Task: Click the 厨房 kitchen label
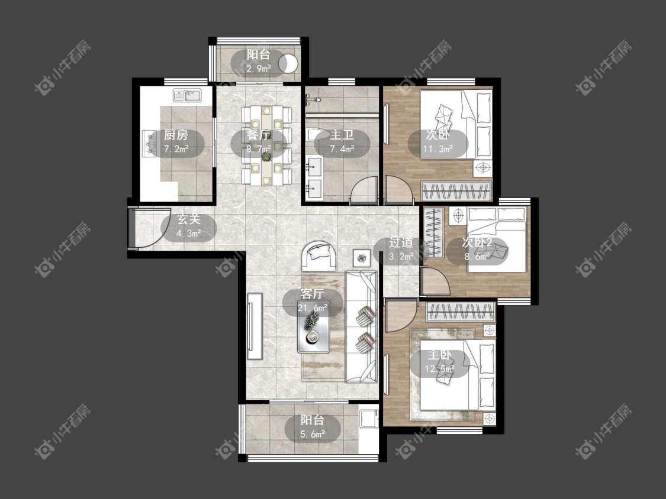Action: [176, 135]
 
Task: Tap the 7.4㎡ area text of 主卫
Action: [342, 149]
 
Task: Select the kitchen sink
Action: [189, 95]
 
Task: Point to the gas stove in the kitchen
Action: [150, 143]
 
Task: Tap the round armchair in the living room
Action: [318, 255]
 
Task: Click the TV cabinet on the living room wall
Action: [255, 326]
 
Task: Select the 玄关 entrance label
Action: [189, 219]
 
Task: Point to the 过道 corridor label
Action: [401, 242]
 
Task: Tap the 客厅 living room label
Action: [312, 294]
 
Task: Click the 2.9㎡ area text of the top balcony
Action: [259, 69]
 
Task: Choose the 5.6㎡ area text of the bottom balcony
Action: [313, 434]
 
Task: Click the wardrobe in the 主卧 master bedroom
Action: [460, 312]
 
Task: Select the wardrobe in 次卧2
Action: [434, 232]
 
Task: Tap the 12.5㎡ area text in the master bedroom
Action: [440, 369]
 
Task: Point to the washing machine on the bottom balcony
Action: [368, 419]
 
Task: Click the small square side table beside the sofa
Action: [362, 258]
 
